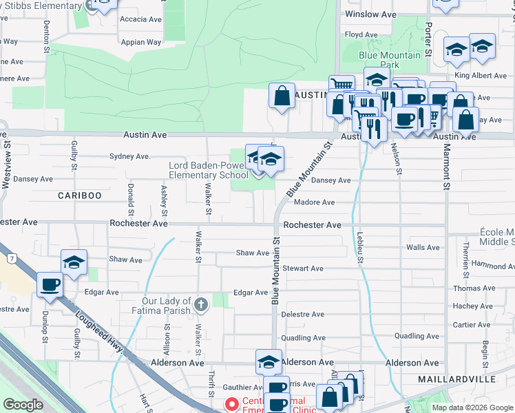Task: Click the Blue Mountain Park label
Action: (x=379, y=59)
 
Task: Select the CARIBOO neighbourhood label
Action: (x=79, y=195)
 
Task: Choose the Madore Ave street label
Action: (x=314, y=202)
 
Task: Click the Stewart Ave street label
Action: (x=302, y=268)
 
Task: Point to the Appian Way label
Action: (x=142, y=42)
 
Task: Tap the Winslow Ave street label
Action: (x=370, y=14)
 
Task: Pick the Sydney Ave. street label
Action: (x=129, y=156)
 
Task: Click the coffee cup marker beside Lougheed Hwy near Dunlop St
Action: (x=51, y=285)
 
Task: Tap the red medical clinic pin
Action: (x=232, y=405)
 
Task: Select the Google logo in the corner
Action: (x=23, y=405)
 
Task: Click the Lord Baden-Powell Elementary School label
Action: (x=209, y=170)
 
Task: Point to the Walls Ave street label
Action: (x=423, y=247)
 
